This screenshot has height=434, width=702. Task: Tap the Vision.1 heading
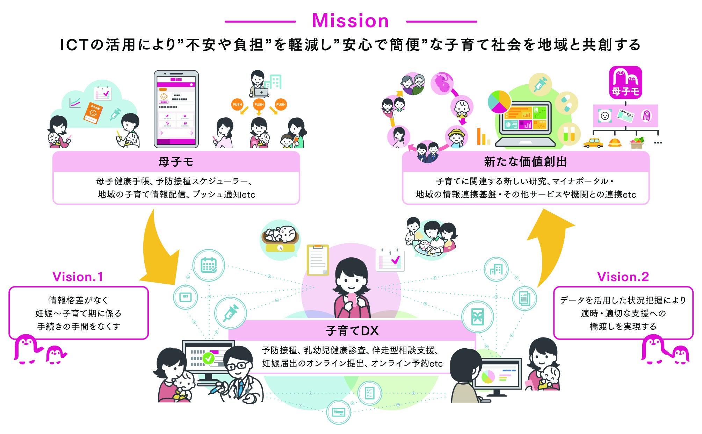click(x=78, y=277)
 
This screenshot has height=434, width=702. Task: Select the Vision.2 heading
click(x=623, y=277)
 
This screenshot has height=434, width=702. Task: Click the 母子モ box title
click(x=176, y=162)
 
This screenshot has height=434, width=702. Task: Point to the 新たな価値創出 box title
click(x=525, y=162)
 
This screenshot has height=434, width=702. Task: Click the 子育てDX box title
click(x=352, y=331)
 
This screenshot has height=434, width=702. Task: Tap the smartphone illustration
click(x=176, y=109)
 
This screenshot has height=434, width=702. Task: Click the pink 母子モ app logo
click(x=625, y=82)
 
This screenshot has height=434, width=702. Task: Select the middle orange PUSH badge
click(x=259, y=104)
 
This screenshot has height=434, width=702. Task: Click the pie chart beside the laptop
click(x=499, y=102)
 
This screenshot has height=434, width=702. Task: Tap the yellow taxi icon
click(x=593, y=143)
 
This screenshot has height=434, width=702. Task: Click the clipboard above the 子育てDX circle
click(x=318, y=260)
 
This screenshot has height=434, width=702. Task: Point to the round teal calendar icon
click(x=209, y=265)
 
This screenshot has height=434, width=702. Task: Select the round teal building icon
click(x=496, y=269)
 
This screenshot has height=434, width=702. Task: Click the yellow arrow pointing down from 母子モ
click(x=159, y=252)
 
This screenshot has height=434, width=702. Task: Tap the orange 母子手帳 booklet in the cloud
click(x=93, y=113)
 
